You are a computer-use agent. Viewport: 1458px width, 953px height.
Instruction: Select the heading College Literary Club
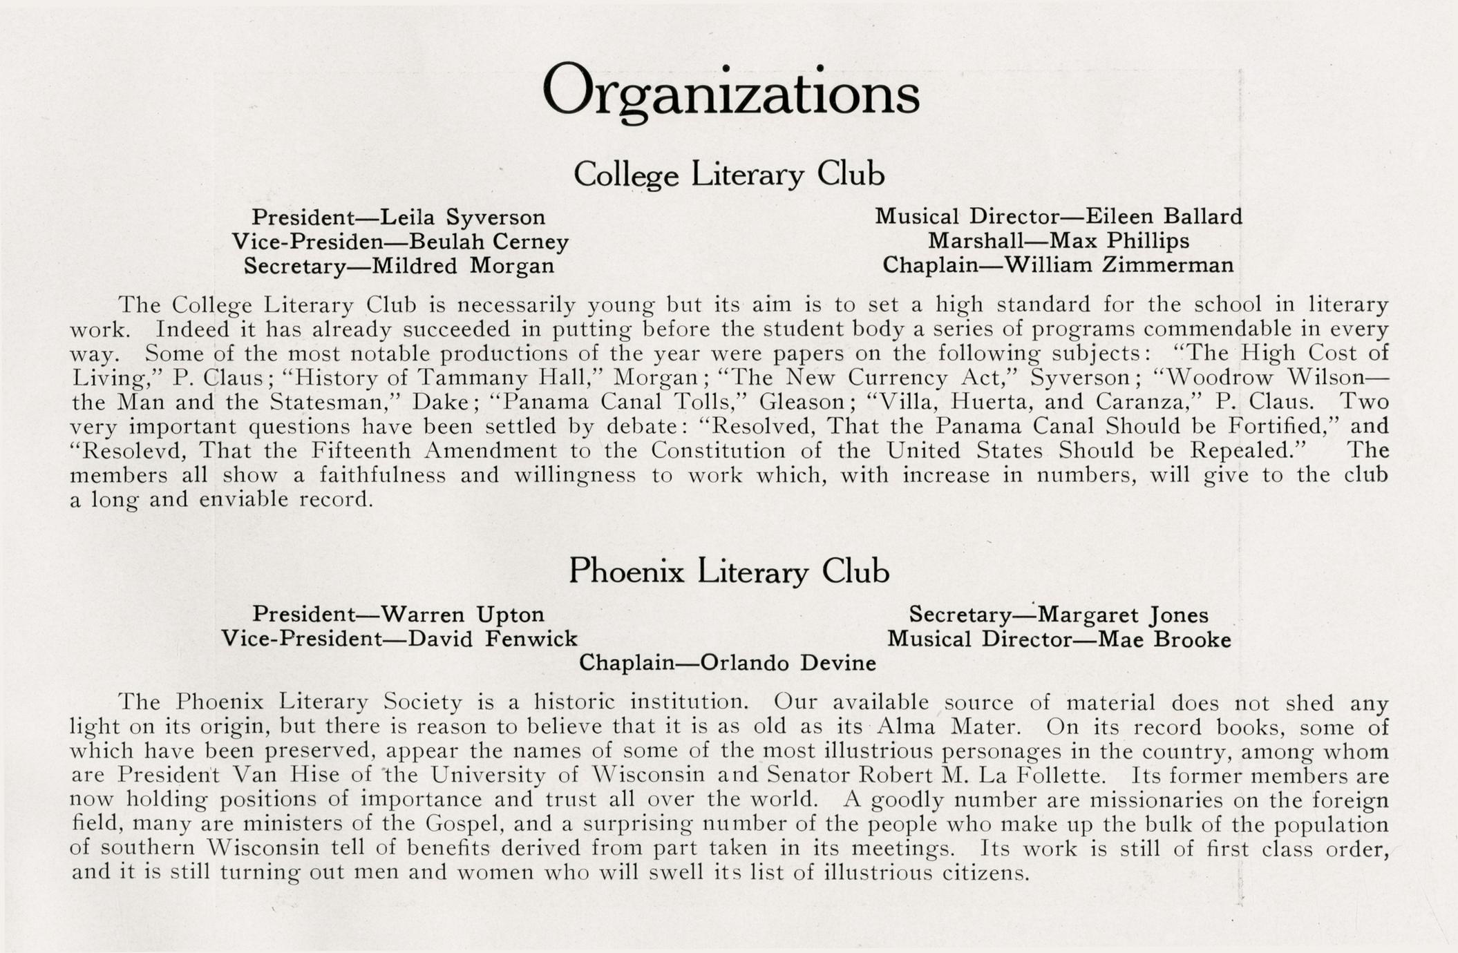pos(729,174)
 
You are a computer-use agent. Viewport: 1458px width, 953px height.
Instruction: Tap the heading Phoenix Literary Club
pos(728,572)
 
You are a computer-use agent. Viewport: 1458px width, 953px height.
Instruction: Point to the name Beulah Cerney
pos(489,242)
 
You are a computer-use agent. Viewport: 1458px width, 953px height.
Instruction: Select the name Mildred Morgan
pos(463,266)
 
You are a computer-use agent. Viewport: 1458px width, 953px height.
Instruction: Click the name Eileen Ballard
pos(1164,217)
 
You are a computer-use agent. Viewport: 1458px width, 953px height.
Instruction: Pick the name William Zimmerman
pos(1119,265)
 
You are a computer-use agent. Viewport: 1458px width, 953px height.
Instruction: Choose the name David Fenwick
pos(493,639)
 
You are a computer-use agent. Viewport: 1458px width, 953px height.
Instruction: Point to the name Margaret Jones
pos(1123,615)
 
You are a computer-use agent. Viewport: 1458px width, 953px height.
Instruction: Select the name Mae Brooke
pos(1164,639)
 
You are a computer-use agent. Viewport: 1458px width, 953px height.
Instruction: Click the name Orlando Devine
pos(788,663)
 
